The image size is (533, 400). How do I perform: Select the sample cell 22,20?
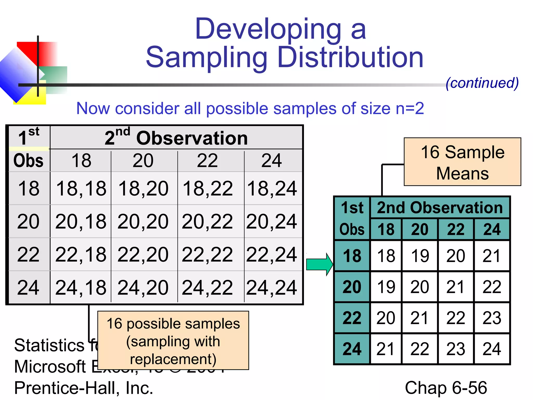(143, 254)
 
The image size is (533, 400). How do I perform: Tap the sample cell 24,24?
(271, 287)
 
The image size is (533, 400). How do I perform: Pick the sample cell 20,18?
(81, 221)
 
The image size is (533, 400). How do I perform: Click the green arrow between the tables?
(319, 264)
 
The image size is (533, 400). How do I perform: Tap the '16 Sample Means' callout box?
(462, 162)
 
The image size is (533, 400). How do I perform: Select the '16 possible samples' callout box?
(173, 340)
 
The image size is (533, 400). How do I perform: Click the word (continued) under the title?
(482, 83)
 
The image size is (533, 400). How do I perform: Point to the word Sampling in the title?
(207, 58)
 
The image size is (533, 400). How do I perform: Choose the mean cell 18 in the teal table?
(386, 256)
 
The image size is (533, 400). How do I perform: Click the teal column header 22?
(456, 229)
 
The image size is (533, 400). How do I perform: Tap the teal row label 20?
(352, 287)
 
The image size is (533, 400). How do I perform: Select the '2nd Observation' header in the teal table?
(440, 208)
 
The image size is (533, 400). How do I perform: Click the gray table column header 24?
(271, 161)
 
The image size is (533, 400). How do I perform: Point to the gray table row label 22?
(28, 254)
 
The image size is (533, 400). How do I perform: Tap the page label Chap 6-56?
(446, 388)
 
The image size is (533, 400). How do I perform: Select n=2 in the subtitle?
(410, 108)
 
